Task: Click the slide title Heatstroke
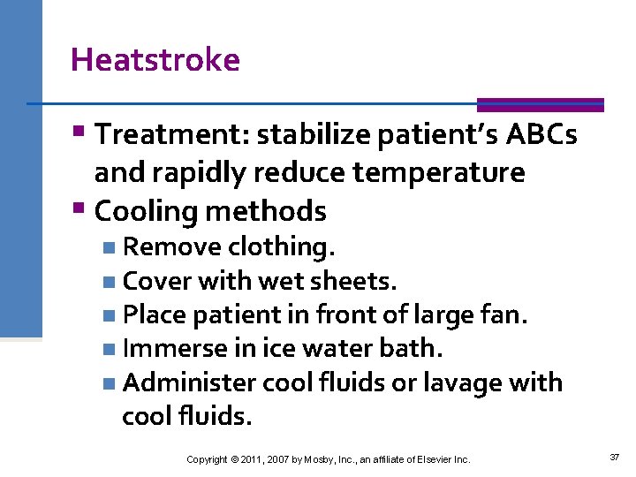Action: click(155, 60)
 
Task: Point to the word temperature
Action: click(438, 172)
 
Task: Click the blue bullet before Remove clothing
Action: click(107, 246)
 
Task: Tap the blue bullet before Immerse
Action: click(107, 350)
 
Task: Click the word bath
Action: click(416, 348)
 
